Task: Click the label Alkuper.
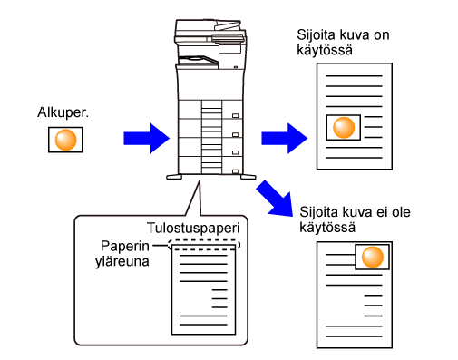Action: click(63, 112)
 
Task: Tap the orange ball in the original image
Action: click(65, 140)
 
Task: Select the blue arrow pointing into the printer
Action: click(147, 139)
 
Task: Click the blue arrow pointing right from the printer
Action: click(285, 139)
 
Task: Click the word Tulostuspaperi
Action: click(193, 228)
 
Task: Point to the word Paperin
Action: click(125, 246)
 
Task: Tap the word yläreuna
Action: click(122, 261)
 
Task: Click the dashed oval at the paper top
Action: click(204, 245)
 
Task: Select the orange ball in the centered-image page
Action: click(344, 128)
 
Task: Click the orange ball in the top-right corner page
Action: click(373, 257)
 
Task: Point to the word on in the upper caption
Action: click(382, 35)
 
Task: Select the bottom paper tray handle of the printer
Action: click(235, 171)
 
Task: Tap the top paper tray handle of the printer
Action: click(235, 115)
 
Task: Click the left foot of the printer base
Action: click(174, 177)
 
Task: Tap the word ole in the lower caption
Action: click(402, 212)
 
